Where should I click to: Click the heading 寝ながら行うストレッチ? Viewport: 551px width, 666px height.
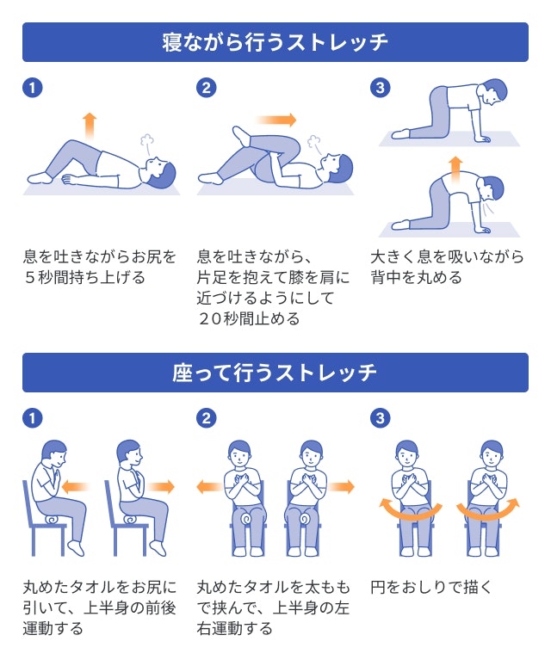275,41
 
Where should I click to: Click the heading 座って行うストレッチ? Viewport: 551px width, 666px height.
275,373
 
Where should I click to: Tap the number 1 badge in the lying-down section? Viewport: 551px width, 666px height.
32,88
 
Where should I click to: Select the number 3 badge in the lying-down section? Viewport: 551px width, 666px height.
380,88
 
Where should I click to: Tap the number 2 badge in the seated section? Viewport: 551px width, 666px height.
207,418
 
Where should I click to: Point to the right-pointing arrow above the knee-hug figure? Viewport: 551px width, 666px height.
275,120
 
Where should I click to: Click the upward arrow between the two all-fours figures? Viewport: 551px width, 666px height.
455,165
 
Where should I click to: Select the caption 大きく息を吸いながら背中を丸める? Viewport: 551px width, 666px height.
447,267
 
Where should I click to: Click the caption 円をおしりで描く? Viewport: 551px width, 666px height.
431,588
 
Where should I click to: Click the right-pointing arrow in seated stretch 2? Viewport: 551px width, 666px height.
341,487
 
